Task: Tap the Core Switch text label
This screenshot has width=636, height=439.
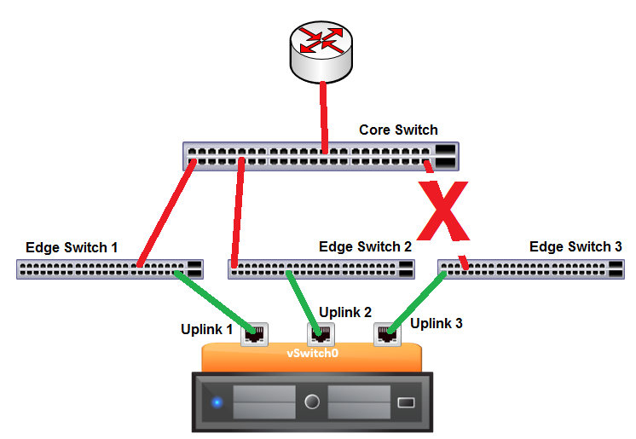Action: point(398,130)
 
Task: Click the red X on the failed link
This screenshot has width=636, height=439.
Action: point(443,210)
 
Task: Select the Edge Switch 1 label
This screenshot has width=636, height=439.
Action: point(72,248)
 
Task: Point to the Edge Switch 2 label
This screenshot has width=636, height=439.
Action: point(365,247)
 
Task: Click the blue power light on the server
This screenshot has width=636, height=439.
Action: point(217,401)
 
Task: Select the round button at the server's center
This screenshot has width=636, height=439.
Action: point(312,401)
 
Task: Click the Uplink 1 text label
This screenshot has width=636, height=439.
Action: point(206,329)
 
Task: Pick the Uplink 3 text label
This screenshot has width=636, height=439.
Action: point(437,324)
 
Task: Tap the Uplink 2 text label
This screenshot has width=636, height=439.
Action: point(345,312)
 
